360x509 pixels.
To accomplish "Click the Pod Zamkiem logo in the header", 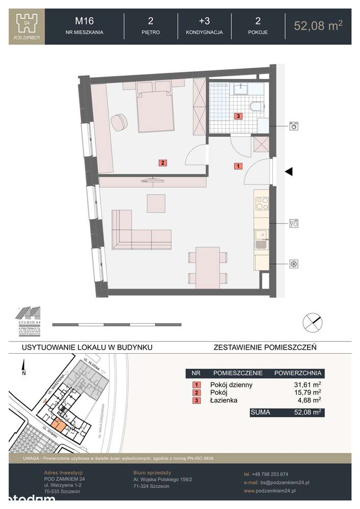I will [27, 26].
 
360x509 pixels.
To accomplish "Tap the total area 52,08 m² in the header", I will [318, 25].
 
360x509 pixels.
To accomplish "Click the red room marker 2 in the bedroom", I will [162, 163].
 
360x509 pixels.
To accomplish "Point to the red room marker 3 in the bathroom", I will [238, 116].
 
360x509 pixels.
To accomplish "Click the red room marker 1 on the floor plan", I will [238, 165].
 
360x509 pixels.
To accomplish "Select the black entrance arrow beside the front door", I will [289, 172].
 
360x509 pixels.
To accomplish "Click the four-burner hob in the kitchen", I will [261, 203].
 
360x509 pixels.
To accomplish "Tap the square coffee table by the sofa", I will [156, 204].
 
